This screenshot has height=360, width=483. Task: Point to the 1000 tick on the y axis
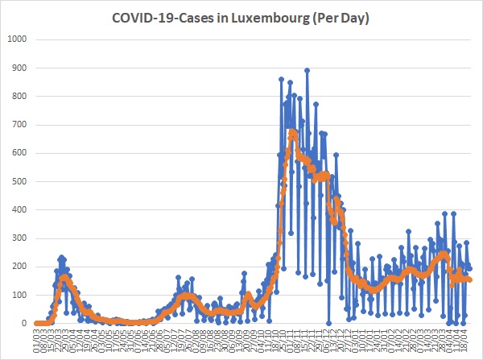(17, 39)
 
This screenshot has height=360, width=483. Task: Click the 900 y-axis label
(19, 68)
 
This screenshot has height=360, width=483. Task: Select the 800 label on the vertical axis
(19, 97)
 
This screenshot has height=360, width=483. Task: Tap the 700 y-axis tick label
(19, 125)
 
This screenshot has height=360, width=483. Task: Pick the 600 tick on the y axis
(19, 153)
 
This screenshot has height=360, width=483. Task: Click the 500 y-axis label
(19, 181)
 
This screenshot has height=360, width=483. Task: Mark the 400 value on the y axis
(19, 209)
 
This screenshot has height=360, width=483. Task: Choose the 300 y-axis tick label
(19, 238)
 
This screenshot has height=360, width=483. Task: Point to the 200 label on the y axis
(19, 267)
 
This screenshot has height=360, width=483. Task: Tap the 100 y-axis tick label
(19, 295)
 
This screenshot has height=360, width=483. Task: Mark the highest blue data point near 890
(307, 70)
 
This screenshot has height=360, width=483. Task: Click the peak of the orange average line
(292, 131)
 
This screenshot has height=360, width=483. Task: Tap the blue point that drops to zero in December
(328, 323)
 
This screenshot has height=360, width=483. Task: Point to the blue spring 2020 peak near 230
(62, 257)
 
